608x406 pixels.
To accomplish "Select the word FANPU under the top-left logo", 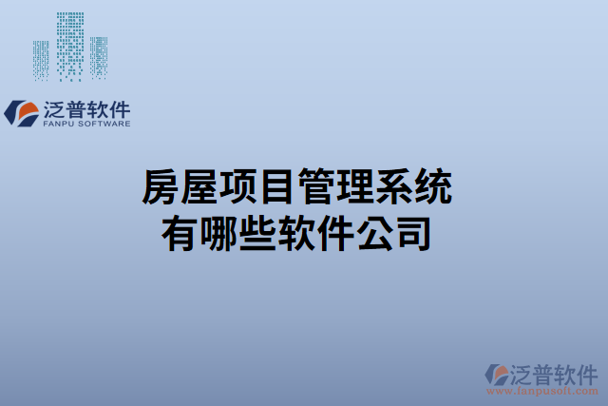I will coord(60,124).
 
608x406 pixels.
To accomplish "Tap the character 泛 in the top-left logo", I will coord(55,108).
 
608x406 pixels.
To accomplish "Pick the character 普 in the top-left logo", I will coord(78,108).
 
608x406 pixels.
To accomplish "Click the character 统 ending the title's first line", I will coord(432,187).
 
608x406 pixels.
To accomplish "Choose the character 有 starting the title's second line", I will coord(181,232).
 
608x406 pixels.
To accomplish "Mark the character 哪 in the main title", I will coord(219,232).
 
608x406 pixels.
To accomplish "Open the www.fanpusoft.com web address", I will coord(542,391).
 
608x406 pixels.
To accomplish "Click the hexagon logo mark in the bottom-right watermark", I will coord(497,374).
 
